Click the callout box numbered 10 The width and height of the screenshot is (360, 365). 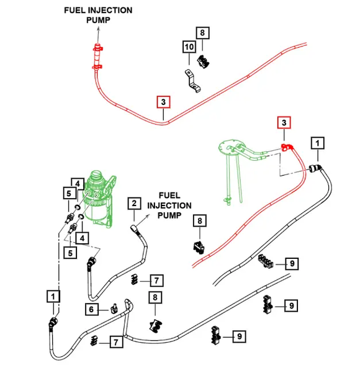[x=189, y=47]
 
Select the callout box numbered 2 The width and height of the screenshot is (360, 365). [x=134, y=204]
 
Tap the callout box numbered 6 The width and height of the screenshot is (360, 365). [x=91, y=309]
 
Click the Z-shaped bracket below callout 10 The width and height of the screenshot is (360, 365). [x=192, y=81]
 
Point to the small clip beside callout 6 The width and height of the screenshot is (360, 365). [x=114, y=309]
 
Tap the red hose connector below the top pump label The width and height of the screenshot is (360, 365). [x=97, y=57]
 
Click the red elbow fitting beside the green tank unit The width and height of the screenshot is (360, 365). [x=287, y=147]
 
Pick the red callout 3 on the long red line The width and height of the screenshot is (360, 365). [x=163, y=102]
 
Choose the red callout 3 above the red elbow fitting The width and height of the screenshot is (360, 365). [x=284, y=123]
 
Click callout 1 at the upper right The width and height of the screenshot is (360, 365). [x=318, y=143]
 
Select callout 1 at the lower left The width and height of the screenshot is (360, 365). [x=53, y=296]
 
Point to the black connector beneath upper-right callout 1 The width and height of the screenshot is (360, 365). [x=316, y=168]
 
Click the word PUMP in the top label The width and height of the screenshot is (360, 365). [x=98, y=20]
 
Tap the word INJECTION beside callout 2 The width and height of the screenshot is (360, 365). [x=169, y=205]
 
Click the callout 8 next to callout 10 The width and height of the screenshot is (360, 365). [x=202, y=33]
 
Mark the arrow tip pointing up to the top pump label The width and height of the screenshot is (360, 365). [x=99, y=27]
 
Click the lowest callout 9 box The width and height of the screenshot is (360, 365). [x=240, y=336]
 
